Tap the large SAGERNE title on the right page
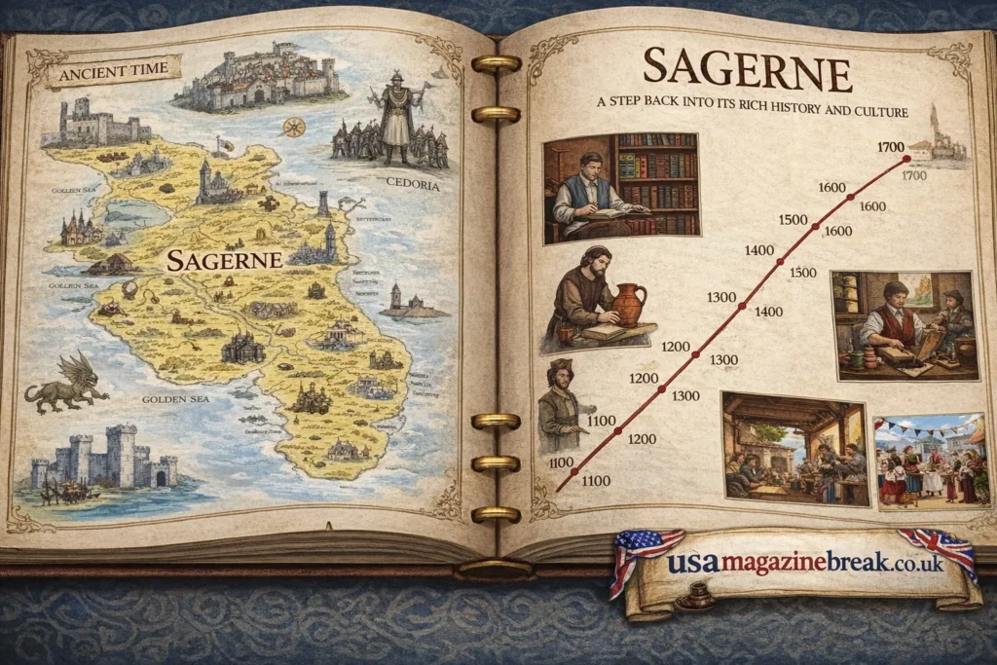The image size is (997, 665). point(748,69)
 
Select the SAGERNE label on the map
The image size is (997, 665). point(224,259)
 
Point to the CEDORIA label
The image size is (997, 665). point(413,185)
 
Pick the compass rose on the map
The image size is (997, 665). point(290,127)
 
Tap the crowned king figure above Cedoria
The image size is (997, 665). point(396,115)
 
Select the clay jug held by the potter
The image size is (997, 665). point(629,304)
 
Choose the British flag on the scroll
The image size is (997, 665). point(937,550)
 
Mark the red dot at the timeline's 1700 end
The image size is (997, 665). point(906,158)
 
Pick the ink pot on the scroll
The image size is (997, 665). point(692,596)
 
